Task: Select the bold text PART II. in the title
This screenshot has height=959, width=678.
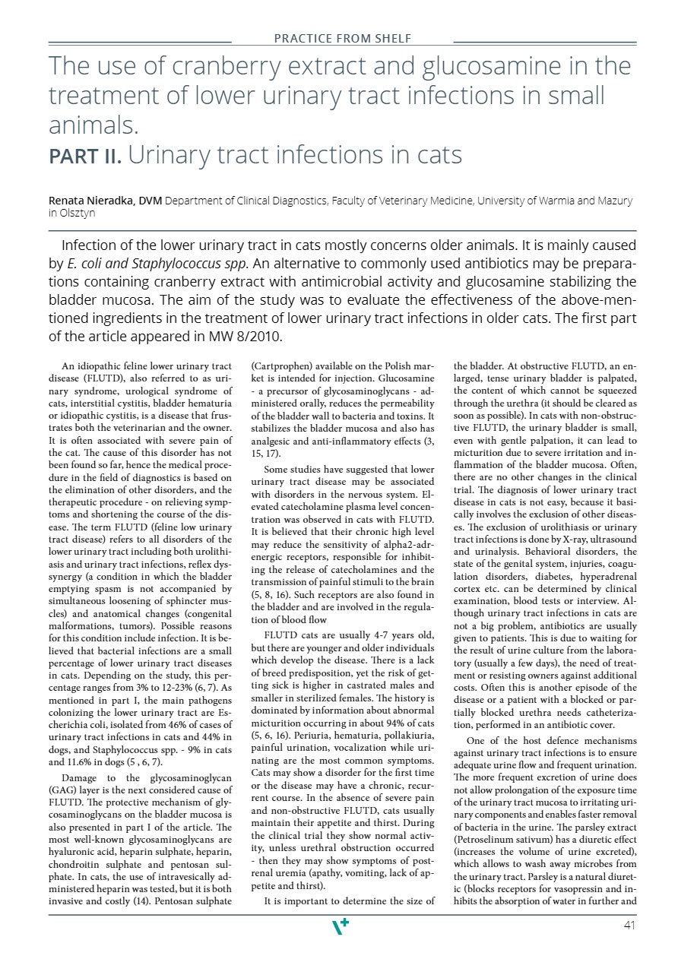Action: point(85,156)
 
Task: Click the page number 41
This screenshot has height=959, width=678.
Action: point(629,925)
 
